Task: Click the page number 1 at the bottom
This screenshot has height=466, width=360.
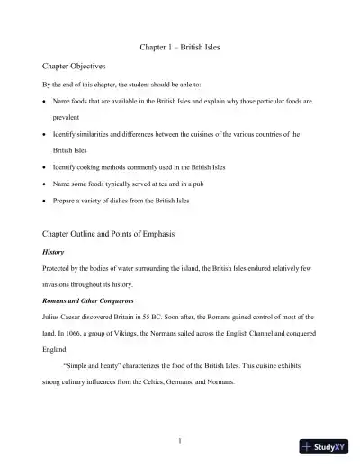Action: [x=180, y=441]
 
